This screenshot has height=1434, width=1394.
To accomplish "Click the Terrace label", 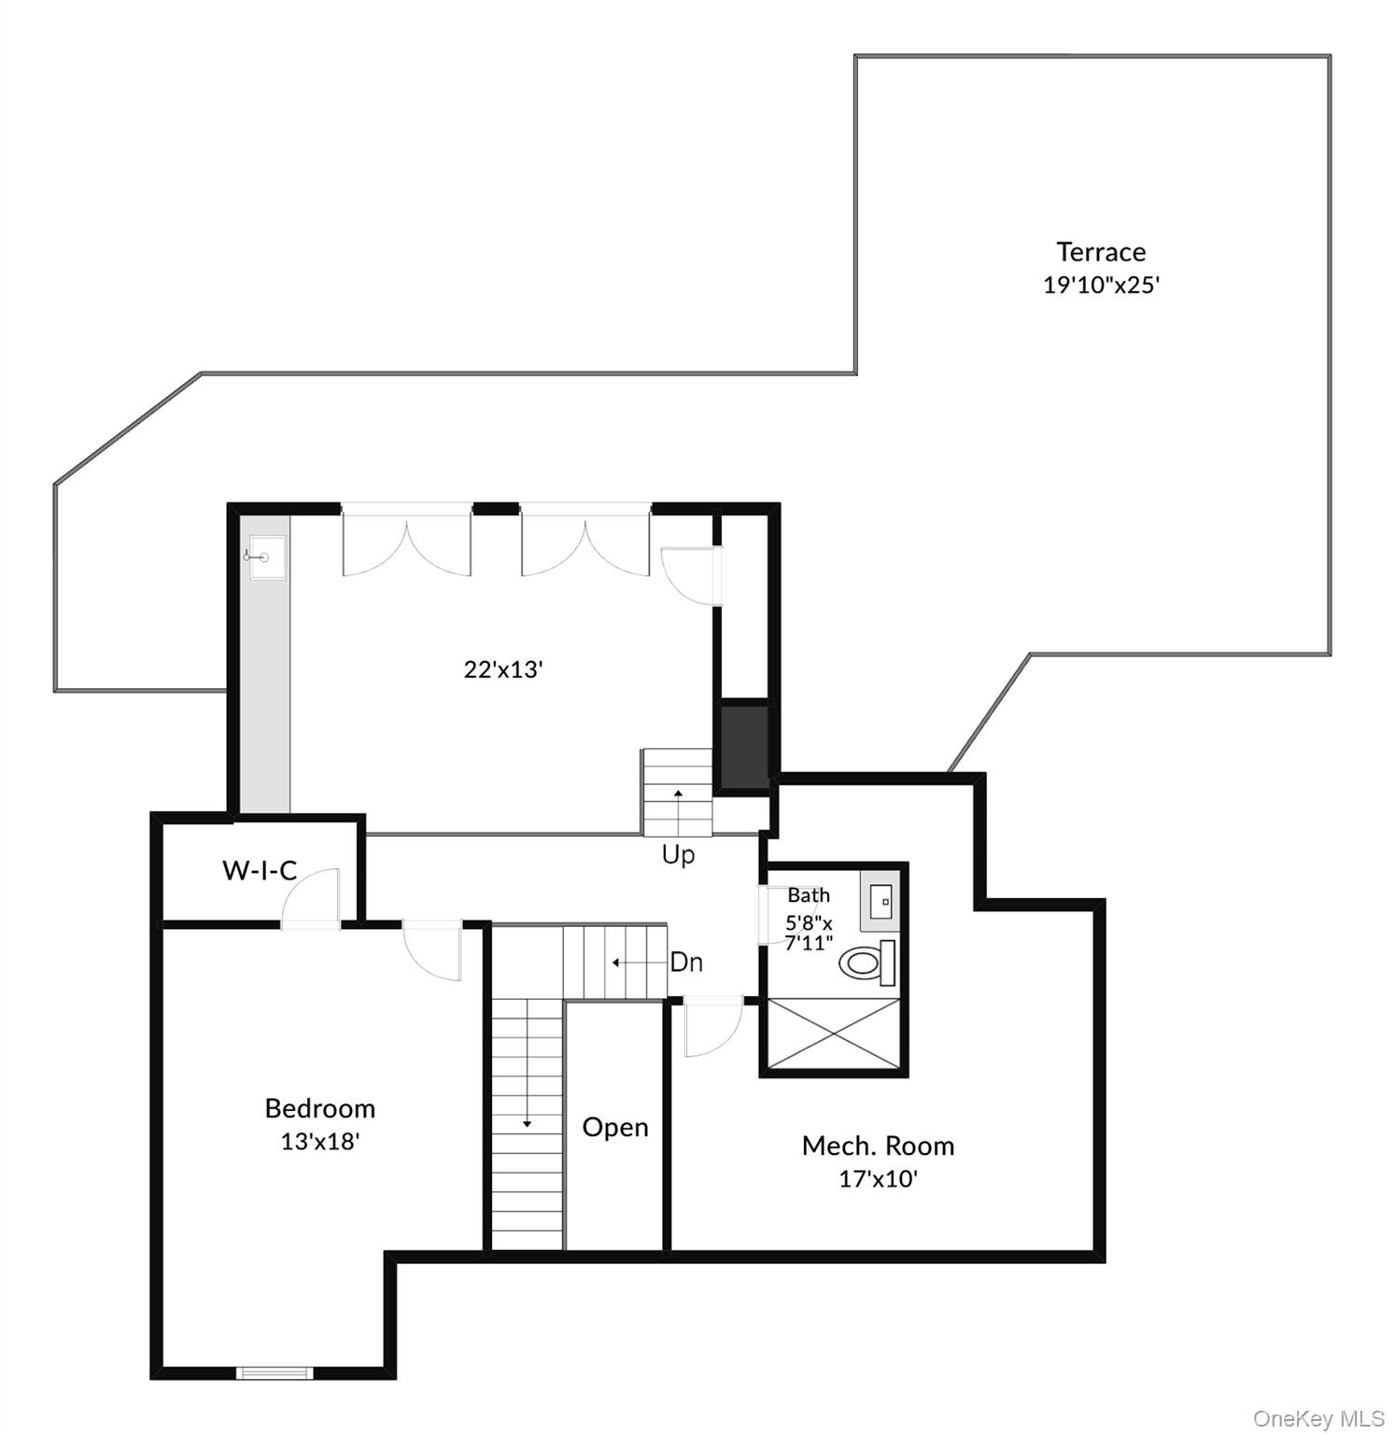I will (1101, 252).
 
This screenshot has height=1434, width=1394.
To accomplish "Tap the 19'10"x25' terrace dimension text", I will (1101, 285).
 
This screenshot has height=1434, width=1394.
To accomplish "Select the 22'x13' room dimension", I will (503, 669).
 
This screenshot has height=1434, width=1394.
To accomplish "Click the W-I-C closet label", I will (260, 870).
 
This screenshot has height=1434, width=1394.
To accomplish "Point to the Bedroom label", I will (320, 1108).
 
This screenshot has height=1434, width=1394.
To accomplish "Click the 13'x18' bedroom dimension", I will (320, 1141).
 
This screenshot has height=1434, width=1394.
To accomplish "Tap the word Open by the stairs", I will (615, 1127).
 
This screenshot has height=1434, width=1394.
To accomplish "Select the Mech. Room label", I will (878, 1146).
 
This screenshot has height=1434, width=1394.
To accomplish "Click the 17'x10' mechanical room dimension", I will (878, 1178).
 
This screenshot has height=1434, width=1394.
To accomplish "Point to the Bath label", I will (809, 895).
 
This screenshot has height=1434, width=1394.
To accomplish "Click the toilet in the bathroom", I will (867, 963).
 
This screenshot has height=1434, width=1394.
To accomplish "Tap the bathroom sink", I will (880, 902).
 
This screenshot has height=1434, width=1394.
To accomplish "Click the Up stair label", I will (678, 854).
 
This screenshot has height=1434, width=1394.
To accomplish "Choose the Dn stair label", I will (686, 962).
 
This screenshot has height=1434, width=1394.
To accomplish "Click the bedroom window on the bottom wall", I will (273, 1372).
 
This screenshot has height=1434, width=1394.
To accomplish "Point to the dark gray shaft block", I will (744, 746).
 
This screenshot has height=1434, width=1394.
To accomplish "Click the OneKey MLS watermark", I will (1317, 1418).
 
